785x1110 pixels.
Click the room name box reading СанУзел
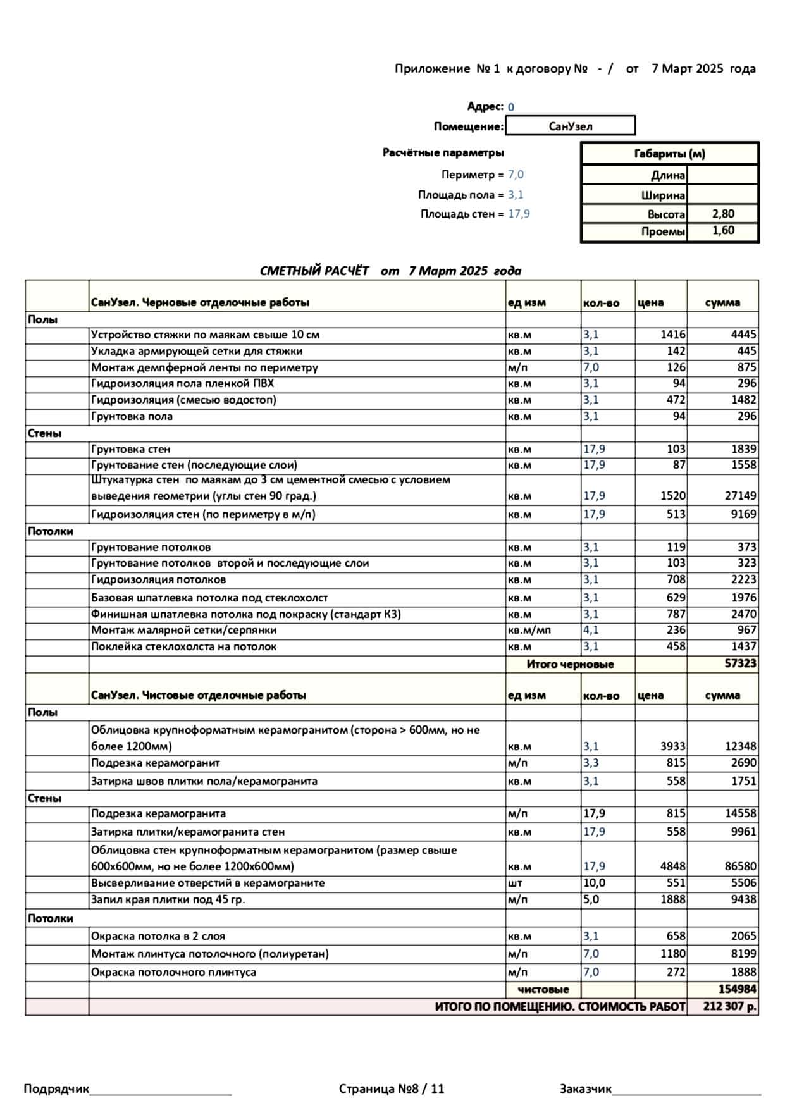tap(570, 126)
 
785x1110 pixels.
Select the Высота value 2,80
tap(722, 214)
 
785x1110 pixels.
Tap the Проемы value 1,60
tap(722, 231)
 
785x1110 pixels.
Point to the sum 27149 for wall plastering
tap(740, 496)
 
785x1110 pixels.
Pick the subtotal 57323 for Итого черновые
tap(740, 663)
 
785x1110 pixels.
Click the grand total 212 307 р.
tap(729, 1006)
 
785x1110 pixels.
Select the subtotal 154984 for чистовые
tap(737, 989)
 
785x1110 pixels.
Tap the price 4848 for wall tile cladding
tap(672, 866)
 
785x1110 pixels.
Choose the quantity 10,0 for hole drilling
tap(594, 883)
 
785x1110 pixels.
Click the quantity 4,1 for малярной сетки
tap(591, 630)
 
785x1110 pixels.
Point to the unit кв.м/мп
tap(529, 630)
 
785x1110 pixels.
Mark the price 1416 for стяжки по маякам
tap(672, 335)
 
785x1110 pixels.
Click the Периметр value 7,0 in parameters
tap(516, 175)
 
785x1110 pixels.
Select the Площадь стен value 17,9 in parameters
tap(519, 214)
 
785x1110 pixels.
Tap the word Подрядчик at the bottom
tap(56, 1088)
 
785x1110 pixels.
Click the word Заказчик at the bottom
tap(585, 1088)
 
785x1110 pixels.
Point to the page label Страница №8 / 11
tap(392, 1088)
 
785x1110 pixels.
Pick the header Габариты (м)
tap(669, 154)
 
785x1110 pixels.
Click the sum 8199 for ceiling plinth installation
tap(743, 954)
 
